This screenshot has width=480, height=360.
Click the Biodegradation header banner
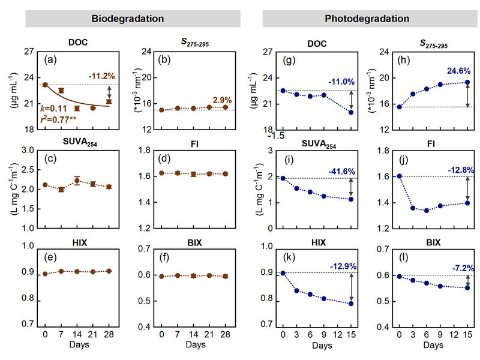click(128, 18)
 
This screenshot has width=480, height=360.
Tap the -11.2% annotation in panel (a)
click(101, 76)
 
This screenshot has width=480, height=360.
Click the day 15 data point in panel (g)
click(350, 112)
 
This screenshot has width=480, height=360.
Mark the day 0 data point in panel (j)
click(399, 176)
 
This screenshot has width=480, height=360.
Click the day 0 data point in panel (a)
click(45, 85)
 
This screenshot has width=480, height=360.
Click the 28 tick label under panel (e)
click(109, 333)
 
